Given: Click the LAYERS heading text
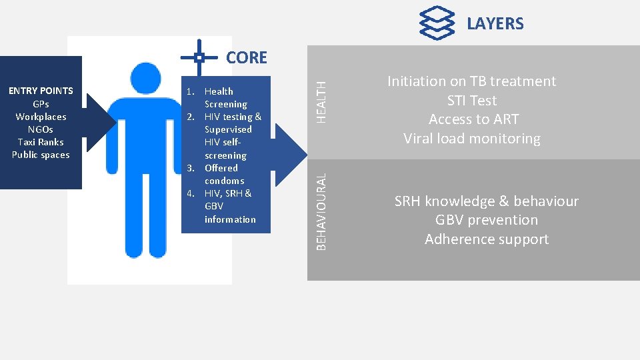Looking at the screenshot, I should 495,23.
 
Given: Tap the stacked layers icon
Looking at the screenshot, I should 437,23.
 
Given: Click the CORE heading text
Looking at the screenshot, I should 246,57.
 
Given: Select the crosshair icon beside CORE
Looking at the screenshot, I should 199,57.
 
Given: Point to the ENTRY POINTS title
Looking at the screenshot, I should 41,91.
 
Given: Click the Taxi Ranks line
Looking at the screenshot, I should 41,142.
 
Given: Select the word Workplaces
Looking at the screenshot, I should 41,117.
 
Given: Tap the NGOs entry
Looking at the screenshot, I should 41,129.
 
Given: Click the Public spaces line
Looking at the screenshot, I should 41,155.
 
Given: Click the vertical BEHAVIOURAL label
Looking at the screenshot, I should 321,212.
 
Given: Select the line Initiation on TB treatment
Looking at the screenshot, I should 471,81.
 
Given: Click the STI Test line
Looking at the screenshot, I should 472,101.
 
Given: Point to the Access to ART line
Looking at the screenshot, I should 473,119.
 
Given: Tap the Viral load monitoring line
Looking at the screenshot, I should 472,139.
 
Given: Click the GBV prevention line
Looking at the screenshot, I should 486,220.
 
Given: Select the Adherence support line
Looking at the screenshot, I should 487,239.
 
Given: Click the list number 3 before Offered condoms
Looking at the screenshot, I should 190,168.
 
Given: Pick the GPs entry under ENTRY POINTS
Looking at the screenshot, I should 41,104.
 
